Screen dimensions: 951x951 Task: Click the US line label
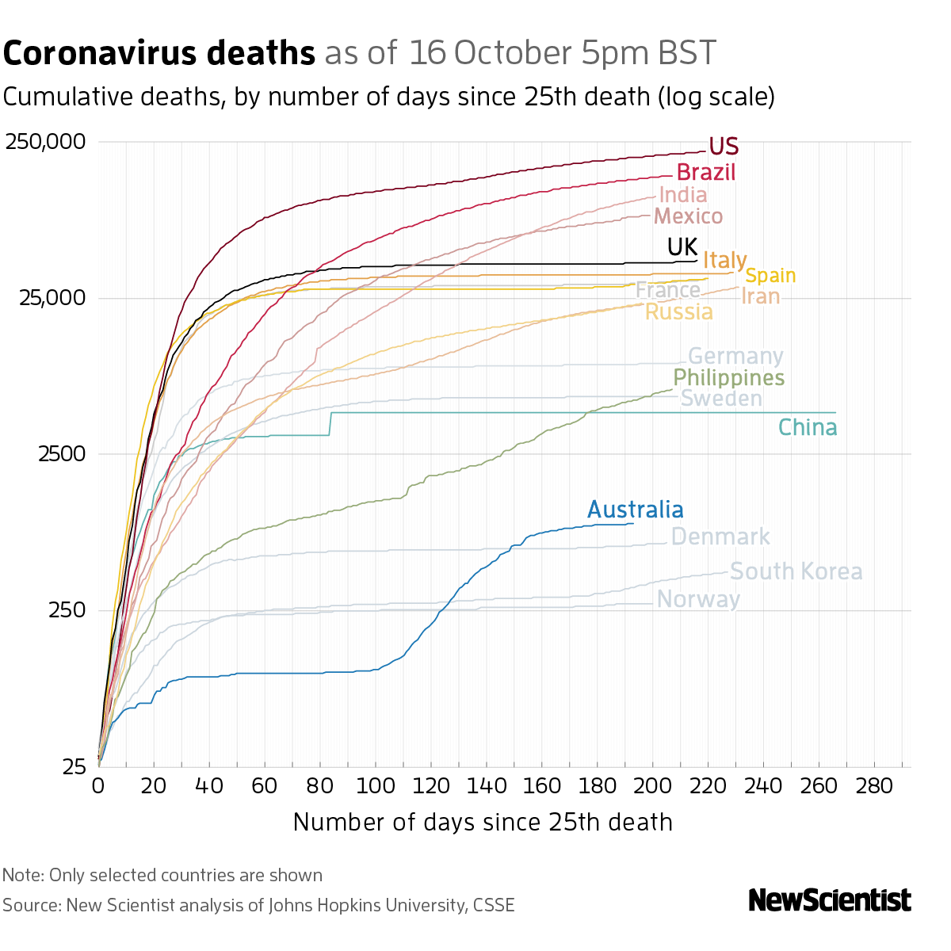(724, 147)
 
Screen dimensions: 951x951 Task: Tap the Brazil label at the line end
(706, 172)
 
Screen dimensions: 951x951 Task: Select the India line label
(682, 195)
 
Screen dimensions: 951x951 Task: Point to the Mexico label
(689, 216)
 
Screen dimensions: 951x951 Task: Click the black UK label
(682, 247)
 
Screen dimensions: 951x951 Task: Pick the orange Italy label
(724, 260)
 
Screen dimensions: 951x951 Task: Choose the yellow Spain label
(770, 276)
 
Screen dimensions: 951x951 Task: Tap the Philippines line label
(728, 378)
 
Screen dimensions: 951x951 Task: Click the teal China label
(807, 428)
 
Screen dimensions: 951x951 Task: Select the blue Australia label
(635, 510)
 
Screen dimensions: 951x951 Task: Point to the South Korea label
(796, 571)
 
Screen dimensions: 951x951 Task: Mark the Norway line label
(698, 599)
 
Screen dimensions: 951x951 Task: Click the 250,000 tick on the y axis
(44, 143)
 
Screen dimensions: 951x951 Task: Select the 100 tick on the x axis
(376, 786)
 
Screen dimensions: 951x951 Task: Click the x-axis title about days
(483, 822)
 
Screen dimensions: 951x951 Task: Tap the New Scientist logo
(830, 900)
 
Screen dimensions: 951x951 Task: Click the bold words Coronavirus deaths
(159, 53)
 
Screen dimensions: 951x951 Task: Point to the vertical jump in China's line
(330, 424)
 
